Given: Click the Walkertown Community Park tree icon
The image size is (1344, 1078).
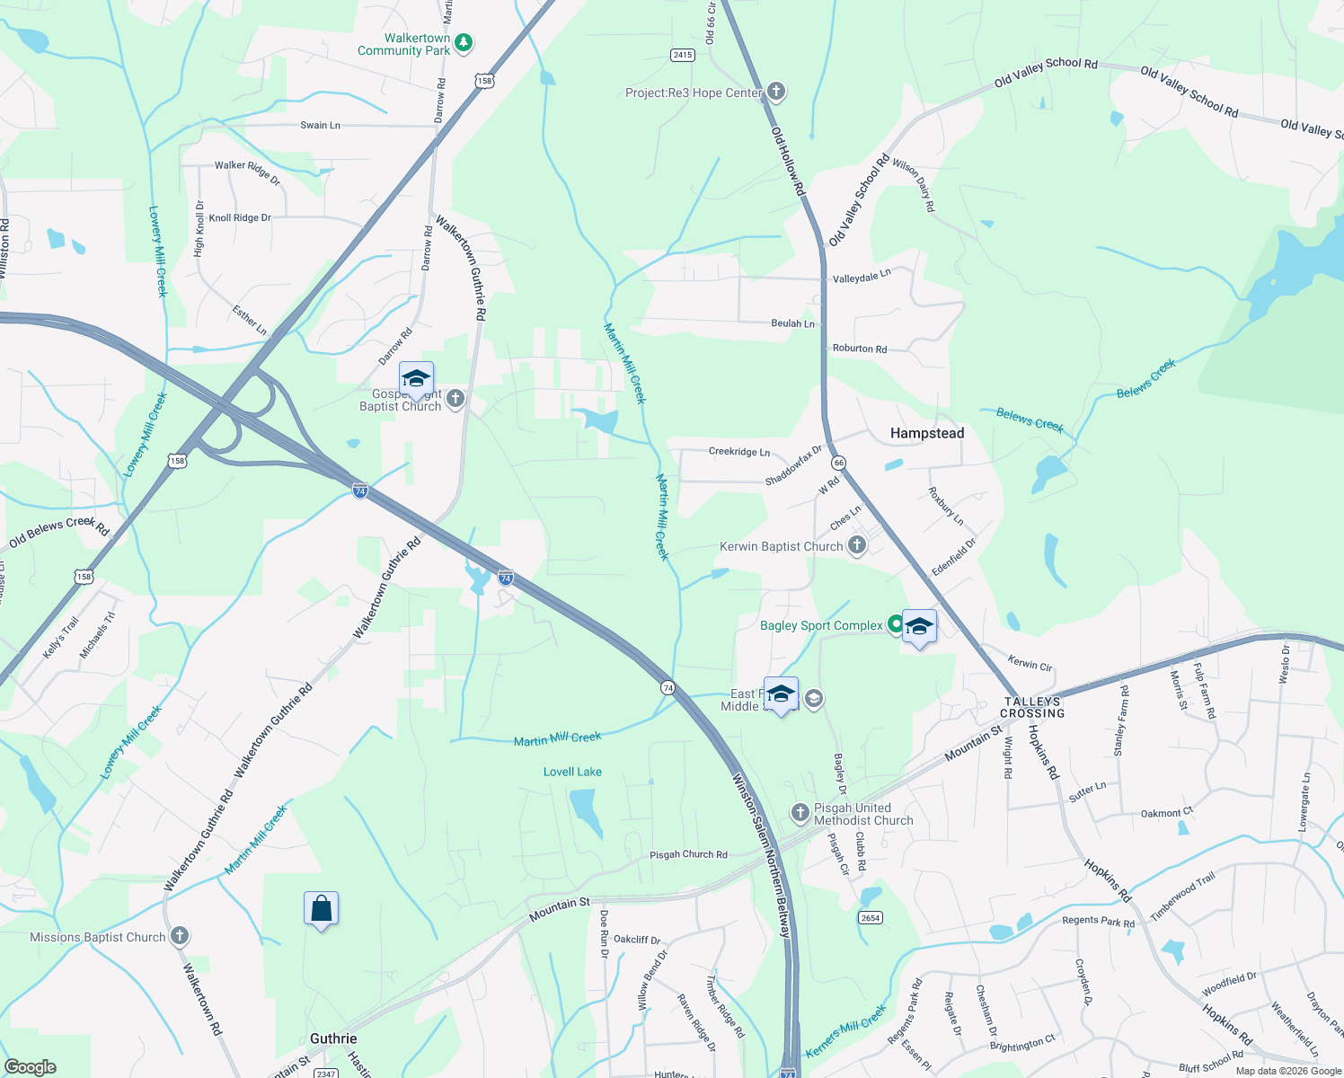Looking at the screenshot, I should click(x=464, y=42).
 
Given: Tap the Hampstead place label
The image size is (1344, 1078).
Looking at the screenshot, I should click(x=927, y=433).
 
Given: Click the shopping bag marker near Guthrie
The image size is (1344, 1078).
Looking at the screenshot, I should click(x=321, y=910).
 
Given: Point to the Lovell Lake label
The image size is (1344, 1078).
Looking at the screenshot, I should click(x=572, y=772).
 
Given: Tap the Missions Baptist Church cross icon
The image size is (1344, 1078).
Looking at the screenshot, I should click(x=180, y=936).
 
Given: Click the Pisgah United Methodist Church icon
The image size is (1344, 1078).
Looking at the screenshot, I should click(x=800, y=813).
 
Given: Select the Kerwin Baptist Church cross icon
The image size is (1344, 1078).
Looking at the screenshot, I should click(x=857, y=545).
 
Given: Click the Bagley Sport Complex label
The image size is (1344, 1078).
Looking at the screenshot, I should click(x=821, y=625).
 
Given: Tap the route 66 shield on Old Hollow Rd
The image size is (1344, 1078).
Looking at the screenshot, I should click(x=838, y=463).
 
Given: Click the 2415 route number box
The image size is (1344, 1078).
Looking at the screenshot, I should click(x=683, y=55).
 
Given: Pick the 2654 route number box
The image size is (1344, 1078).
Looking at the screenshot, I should click(x=870, y=917).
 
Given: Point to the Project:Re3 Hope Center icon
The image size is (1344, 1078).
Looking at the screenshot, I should click(x=776, y=92).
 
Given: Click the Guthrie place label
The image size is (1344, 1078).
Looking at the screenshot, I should click(x=333, y=1038).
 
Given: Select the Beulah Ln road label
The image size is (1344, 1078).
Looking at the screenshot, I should click(x=792, y=323).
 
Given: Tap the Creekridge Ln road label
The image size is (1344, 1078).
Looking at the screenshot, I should click(x=738, y=452).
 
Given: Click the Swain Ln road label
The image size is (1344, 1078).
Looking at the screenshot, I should click(x=320, y=125).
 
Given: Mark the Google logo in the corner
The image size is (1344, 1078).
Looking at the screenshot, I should click(x=30, y=1067).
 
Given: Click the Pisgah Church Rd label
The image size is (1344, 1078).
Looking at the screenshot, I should click(x=688, y=854).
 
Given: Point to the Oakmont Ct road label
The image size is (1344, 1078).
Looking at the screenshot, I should click(x=1166, y=813).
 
